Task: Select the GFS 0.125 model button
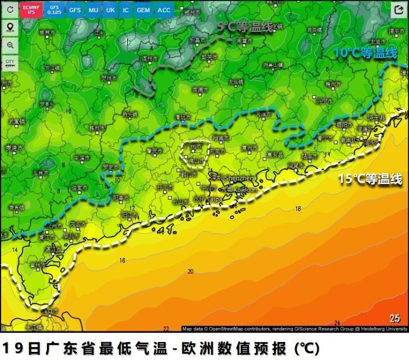tap(54, 10)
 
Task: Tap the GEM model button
tap(143, 10)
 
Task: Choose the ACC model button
tap(164, 10)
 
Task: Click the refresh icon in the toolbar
tap(10, 9)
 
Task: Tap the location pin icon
tap(10, 27)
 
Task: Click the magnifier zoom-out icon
tap(10, 45)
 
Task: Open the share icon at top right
tap(399, 9)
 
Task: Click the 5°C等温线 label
tap(245, 27)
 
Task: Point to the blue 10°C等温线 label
tap(365, 53)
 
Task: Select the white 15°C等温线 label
tap(370, 179)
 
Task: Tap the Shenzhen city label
tap(239, 178)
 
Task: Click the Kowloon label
tap(245, 189)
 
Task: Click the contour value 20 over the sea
tap(190, 271)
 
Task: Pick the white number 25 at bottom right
tap(394, 318)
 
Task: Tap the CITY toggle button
tap(10, 63)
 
